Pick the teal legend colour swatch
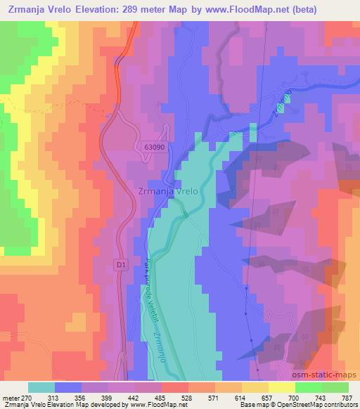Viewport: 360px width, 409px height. pos(41,387)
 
